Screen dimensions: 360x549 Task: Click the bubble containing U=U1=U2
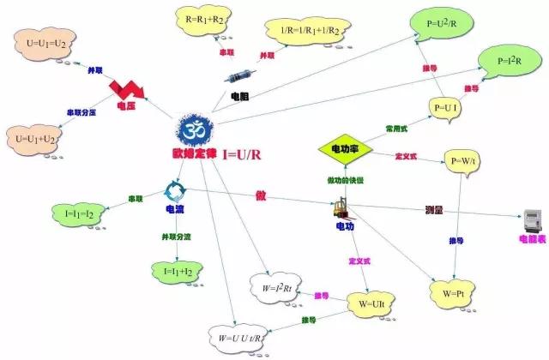pyautogui.click(x=43, y=43)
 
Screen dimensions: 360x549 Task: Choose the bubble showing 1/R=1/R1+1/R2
pyautogui.click(x=303, y=33)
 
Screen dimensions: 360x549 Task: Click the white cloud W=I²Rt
pyautogui.click(x=279, y=287)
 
